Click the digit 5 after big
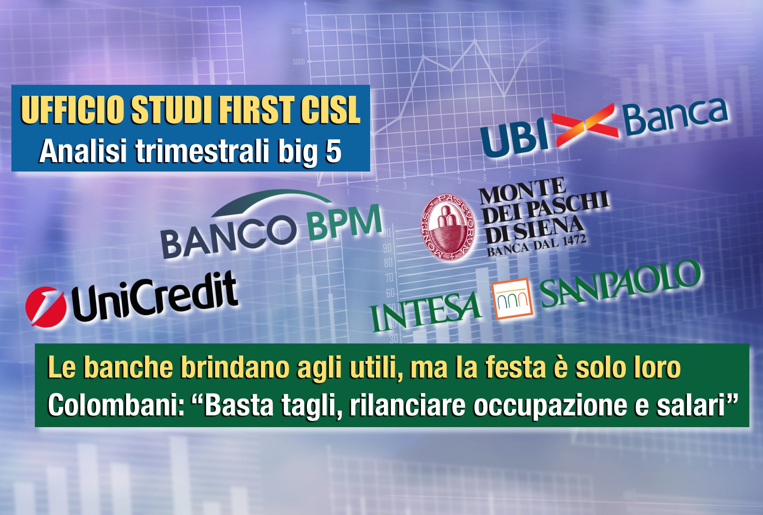coord(333,151)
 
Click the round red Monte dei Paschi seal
coord(449,228)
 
